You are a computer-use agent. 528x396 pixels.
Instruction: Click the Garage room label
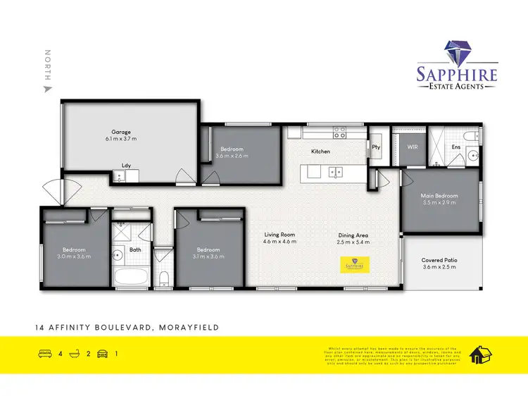tap(121, 132)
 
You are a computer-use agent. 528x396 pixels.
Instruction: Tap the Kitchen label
tap(321, 151)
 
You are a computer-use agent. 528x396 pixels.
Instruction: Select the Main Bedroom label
tap(439, 195)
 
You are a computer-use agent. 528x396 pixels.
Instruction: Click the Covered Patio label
tap(439, 260)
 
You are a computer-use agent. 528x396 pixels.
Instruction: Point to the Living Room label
tap(279, 235)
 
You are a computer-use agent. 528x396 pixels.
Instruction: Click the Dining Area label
tap(353, 235)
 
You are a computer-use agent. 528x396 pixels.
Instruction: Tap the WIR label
tap(413, 148)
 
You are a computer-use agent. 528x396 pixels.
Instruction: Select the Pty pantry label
tap(376, 147)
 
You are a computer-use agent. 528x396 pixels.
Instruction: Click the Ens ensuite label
tap(456, 147)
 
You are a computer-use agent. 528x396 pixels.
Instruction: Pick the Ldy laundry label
tap(127, 166)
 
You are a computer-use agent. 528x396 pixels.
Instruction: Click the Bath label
tap(136, 249)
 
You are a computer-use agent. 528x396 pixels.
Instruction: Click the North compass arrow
tap(48, 89)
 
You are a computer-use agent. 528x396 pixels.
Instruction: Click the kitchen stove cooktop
tap(339, 131)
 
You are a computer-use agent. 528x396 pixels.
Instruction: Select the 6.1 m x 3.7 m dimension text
tap(121, 140)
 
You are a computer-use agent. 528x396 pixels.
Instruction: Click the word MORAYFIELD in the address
tap(190, 328)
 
